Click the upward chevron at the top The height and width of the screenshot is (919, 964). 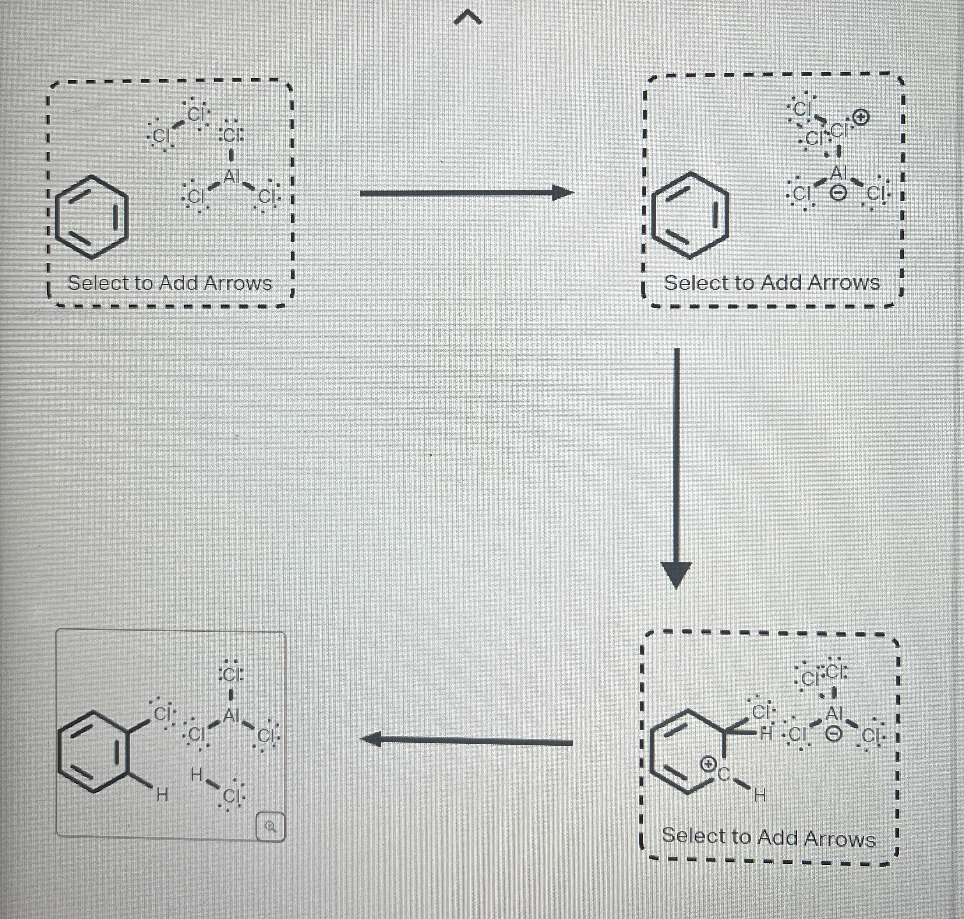click(468, 19)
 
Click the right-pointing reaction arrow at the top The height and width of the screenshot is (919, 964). click(466, 193)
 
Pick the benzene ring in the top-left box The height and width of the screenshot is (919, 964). click(92, 217)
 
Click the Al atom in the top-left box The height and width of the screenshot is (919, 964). click(231, 176)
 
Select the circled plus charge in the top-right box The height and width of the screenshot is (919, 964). click(862, 118)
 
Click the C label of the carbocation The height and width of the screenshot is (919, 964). click(724, 774)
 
